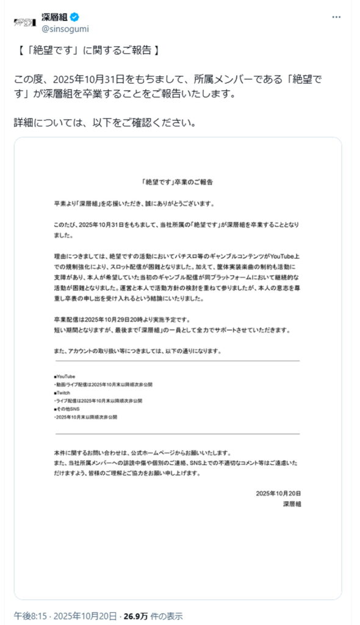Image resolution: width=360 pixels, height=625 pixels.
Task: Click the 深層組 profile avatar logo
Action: [x=24, y=22]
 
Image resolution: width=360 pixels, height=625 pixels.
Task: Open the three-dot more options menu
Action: [x=336, y=17]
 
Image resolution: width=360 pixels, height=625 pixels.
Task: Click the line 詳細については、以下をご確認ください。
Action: [x=105, y=122]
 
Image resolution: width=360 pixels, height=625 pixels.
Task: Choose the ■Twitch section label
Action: [x=62, y=394]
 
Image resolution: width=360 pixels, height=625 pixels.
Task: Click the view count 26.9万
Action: [x=137, y=615]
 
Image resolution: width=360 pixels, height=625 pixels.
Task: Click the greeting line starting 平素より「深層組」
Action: [x=134, y=203]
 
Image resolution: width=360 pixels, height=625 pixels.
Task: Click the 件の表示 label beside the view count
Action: [x=166, y=615]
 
